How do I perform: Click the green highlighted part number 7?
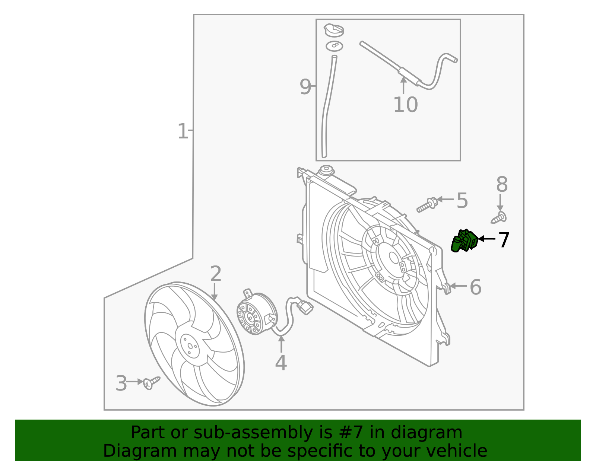click(x=464, y=241)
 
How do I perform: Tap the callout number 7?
click(x=503, y=240)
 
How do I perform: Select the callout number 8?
click(x=502, y=185)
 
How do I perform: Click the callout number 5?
click(x=462, y=201)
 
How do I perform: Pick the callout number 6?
click(x=475, y=287)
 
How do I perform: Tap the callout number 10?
click(x=405, y=105)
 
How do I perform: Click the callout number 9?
click(x=305, y=87)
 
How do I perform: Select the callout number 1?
click(x=183, y=131)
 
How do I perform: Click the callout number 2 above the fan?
click(x=216, y=274)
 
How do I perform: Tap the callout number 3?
click(x=121, y=383)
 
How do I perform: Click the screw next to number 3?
click(x=151, y=382)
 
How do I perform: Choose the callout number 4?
click(x=281, y=363)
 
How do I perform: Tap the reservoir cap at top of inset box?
click(x=334, y=30)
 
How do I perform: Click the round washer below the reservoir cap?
click(x=334, y=46)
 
